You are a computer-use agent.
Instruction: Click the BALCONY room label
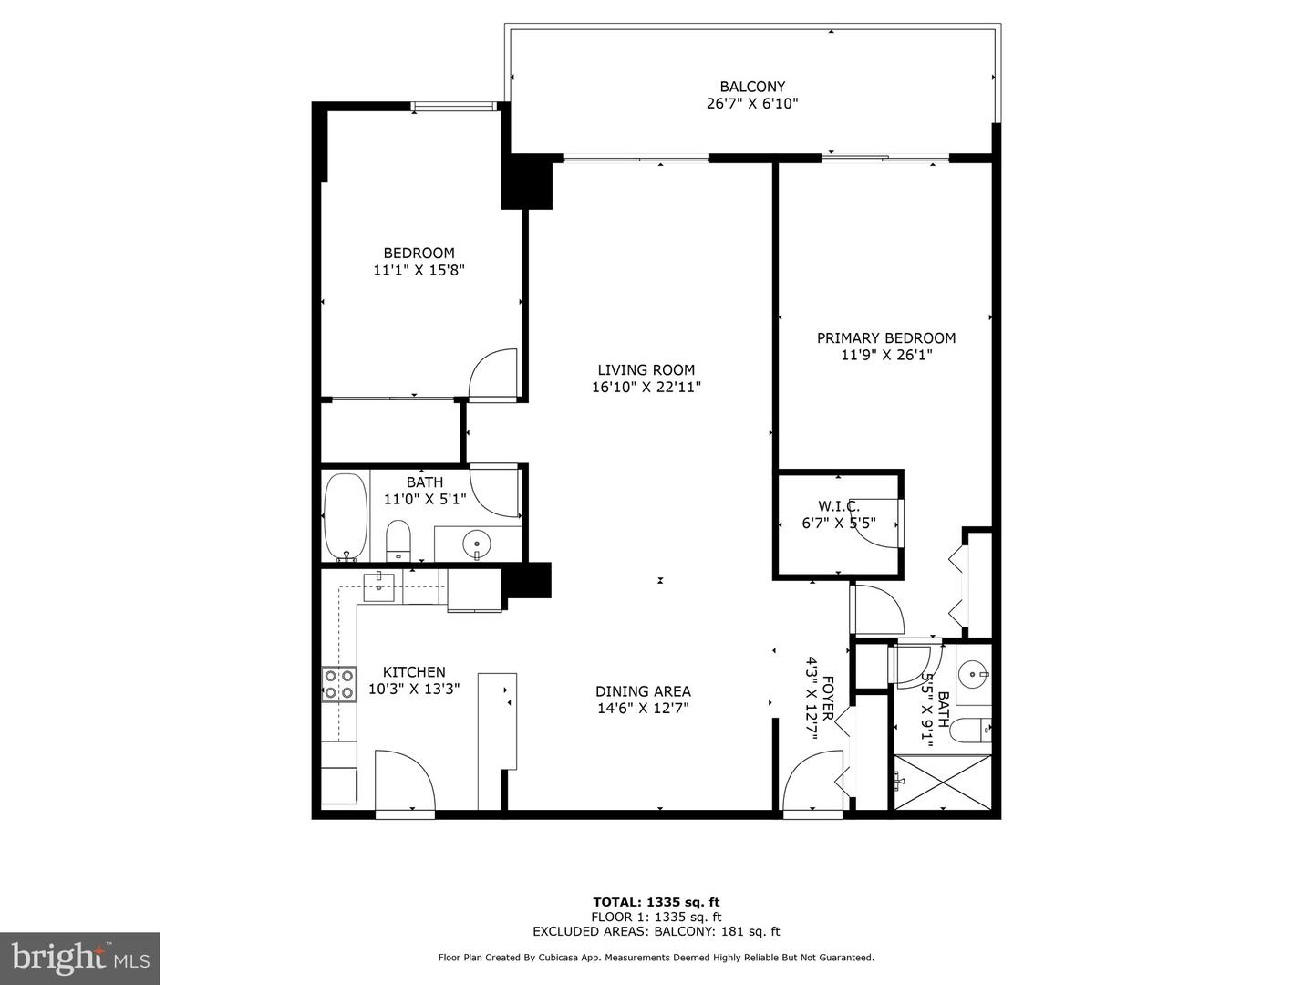pyautogui.click(x=752, y=87)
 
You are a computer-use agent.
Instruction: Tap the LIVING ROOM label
pyautogui.click(x=646, y=369)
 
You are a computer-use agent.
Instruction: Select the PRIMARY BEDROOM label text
pyautogui.click(x=885, y=337)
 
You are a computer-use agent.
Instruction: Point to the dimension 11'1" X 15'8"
pyautogui.click(x=419, y=270)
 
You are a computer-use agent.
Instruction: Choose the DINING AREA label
pyautogui.click(x=643, y=691)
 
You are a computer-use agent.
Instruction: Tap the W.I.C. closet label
pyautogui.click(x=838, y=506)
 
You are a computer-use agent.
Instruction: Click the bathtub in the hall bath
pyautogui.click(x=346, y=516)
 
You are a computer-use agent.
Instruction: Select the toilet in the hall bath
pyautogui.click(x=398, y=541)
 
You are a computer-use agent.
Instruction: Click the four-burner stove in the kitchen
pyautogui.click(x=338, y=684)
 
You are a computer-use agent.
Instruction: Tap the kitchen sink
pyautogui.click(x=378, y=586)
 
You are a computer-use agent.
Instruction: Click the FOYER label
pyautogui.click(x=828, y=698)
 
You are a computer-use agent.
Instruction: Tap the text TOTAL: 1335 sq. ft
pyautogui.click(x=656, y=902)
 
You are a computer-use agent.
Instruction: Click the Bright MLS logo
pyautogui.click(x=80, y=958)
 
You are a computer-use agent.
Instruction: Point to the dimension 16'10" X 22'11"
pyautogui.click(x=646, y=387)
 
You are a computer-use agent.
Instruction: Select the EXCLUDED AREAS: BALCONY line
pyautogui.click(x=656, y=931)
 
